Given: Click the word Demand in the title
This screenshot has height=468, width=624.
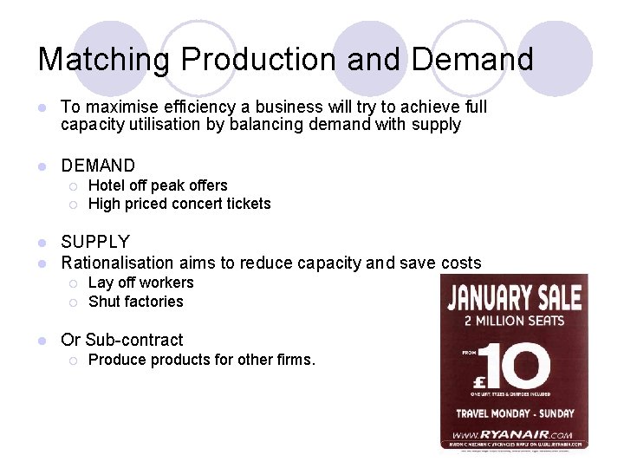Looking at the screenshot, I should (472, 59).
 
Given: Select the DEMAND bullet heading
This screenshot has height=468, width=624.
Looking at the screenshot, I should (98, 166).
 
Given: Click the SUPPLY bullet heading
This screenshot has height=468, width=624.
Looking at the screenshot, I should (95, 242).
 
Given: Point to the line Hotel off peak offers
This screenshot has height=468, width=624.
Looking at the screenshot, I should (158, 185).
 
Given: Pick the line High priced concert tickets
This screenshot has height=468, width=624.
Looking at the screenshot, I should (179, 204).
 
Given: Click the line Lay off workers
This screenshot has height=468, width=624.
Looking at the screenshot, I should (140, 283).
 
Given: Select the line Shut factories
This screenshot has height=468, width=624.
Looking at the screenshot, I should (136, 302).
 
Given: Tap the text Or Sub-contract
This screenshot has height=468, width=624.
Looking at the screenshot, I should (122, 340).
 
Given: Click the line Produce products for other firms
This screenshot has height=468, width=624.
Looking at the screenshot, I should (202, 359).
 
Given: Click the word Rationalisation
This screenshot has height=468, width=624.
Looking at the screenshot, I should (118, 263).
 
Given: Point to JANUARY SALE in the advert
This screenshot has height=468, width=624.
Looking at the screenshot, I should (514, 298).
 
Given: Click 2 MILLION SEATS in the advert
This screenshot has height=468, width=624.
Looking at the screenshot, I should (514, 322).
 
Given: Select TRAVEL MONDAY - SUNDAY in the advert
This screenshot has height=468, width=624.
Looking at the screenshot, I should (514, 413).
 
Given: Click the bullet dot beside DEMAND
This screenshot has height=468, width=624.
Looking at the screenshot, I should (42, 166).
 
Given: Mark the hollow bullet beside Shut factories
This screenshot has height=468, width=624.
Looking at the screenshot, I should (75, 302).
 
